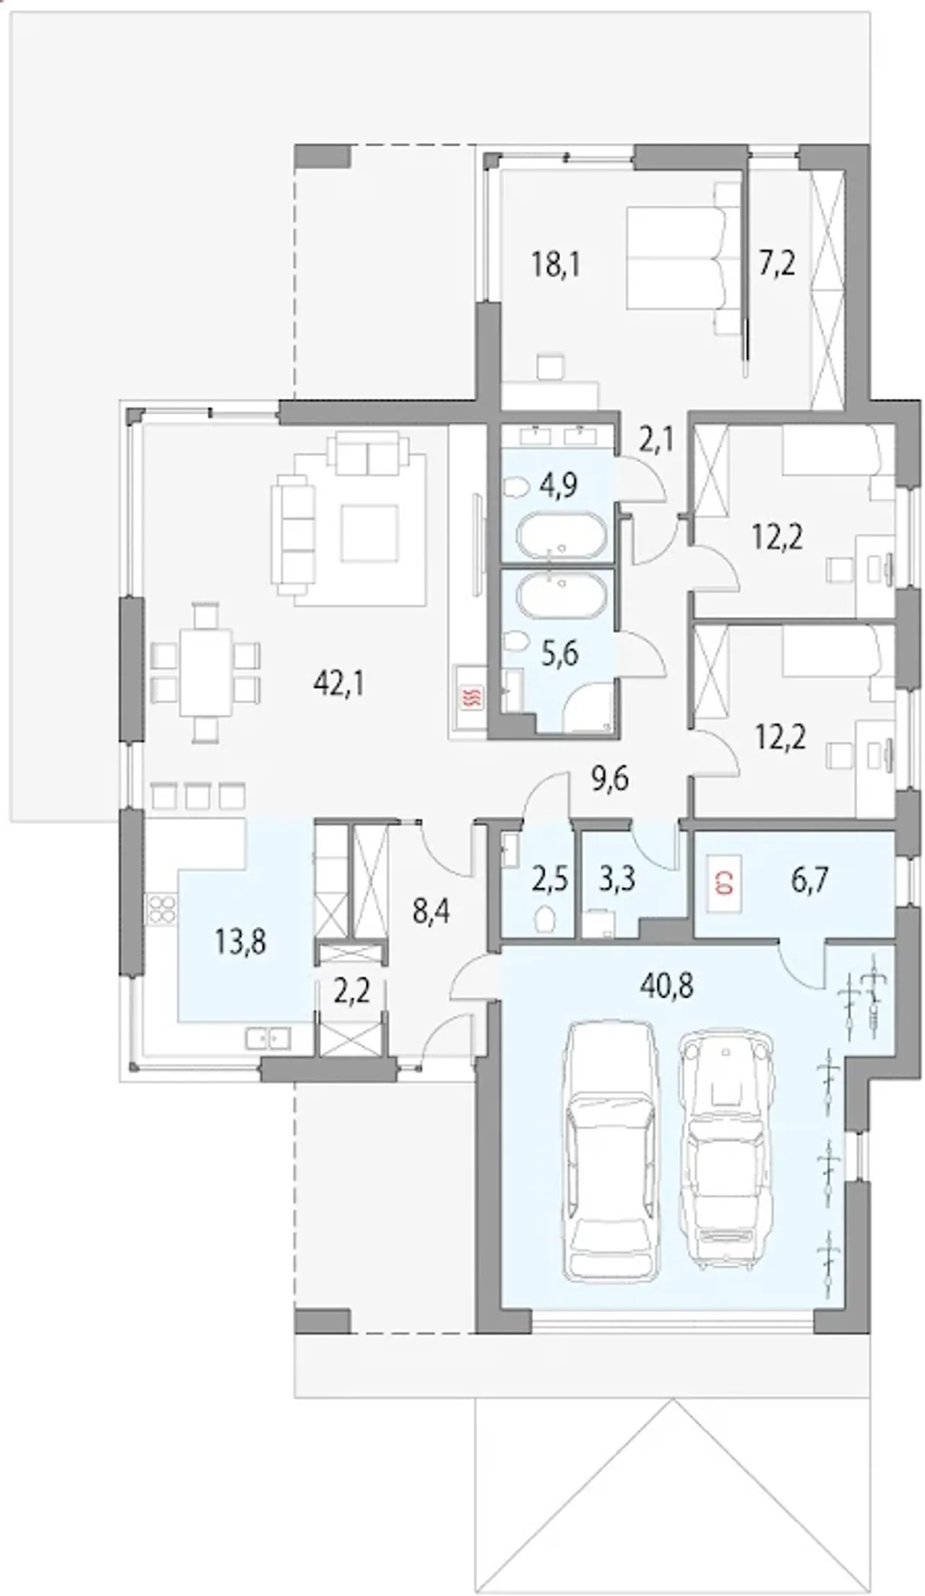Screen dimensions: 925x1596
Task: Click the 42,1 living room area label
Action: (x=339, y=683)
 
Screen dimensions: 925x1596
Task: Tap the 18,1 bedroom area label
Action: (x=556, y=265)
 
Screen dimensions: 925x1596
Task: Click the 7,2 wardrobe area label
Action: (x=778, y=264)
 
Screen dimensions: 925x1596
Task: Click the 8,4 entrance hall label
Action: (x=431, y=913)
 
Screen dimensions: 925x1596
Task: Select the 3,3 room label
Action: (x=618, y=881)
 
